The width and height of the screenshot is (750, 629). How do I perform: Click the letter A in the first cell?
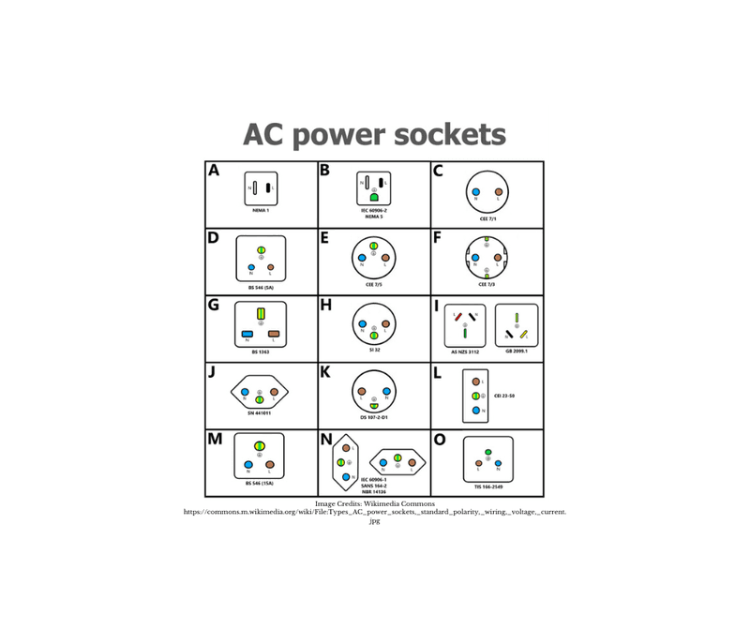(x=214, y=171)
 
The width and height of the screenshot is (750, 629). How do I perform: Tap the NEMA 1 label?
(x=261, y=211)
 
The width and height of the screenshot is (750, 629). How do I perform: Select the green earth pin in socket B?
(x=373, y=198)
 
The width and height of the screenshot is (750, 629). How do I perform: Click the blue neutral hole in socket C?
(x=476, y=192)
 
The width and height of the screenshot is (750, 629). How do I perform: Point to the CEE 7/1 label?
(x=487, y=218)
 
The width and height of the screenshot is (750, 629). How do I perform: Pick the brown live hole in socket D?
(x=271, y=267)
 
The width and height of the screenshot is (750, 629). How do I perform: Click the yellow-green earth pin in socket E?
(x=373, y=246)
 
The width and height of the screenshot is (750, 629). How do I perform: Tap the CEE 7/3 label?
(x=487, y=284)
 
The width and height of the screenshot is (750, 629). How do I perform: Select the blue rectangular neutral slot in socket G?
(x=247, y=334)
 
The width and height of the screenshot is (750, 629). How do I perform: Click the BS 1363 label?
(x=261, y=352)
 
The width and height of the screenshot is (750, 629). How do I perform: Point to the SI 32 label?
(x=373, y=350)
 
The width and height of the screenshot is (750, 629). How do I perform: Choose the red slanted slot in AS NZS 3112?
(x=457, y=318)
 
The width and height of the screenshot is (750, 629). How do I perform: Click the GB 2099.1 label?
(x=516, y=351)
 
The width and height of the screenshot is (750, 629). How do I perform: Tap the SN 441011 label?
(x=260, y=412)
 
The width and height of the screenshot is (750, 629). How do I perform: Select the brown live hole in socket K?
(x=362, y=391)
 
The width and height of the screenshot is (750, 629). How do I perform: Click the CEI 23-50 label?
(x=503, y=396)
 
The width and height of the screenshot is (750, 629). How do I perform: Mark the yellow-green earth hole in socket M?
(x=260, y=446)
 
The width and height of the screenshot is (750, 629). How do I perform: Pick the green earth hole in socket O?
(x=488, y=452)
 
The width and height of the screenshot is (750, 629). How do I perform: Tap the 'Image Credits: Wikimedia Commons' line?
(x=374, y=504)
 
